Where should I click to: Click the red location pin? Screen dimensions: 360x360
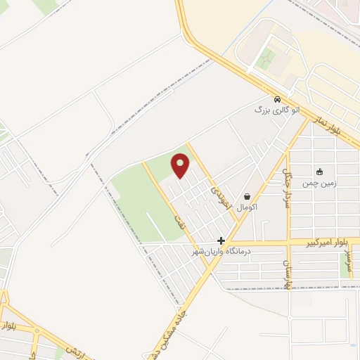181,166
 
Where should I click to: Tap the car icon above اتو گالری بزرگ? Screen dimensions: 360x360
278,99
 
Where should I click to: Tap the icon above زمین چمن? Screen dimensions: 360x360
319,172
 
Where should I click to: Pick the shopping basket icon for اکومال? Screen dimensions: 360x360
247,197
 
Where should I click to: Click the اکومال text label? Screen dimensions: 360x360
247,208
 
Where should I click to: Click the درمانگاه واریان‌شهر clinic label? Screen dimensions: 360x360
222,251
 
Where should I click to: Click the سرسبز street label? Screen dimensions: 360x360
347,262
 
